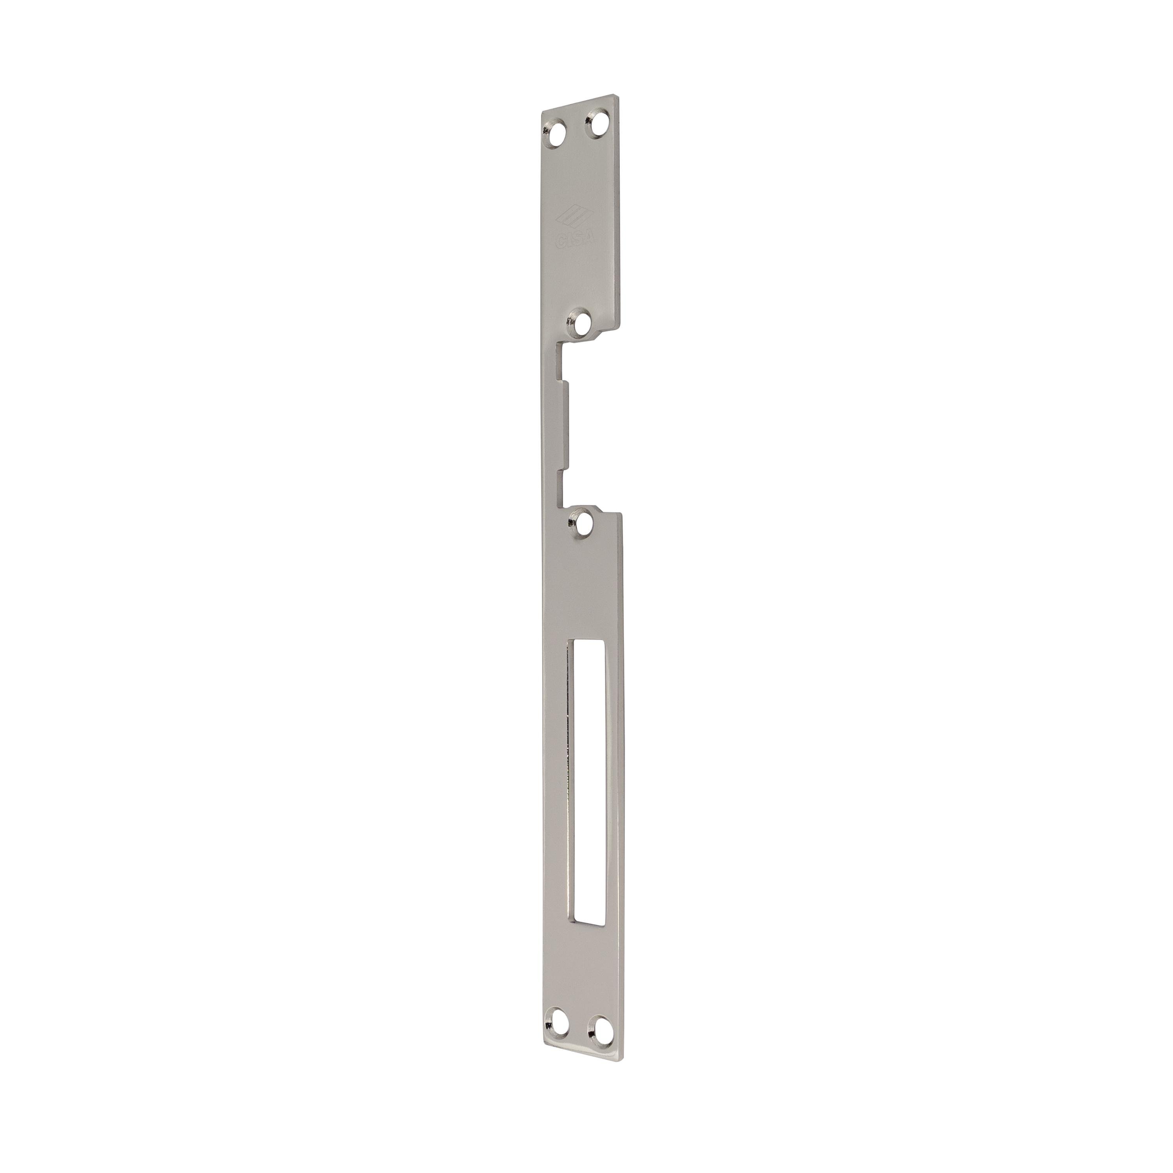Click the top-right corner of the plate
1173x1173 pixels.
(x=619, y=95)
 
